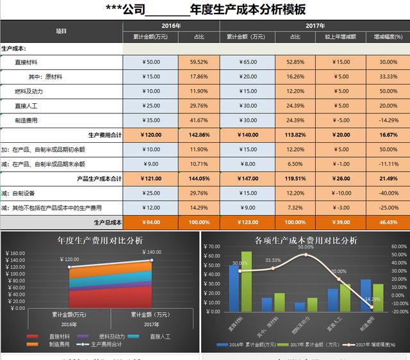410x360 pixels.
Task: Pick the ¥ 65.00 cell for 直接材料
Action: (247, 62)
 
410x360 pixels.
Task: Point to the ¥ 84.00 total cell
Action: (151, 222)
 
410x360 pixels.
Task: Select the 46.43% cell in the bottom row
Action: (387, 222)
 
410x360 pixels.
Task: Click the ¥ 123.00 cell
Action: (247, 222)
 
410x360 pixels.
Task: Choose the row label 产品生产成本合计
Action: (99, 179)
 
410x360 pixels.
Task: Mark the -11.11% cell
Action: (387, 164)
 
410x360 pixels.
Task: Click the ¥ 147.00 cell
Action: (247, 179)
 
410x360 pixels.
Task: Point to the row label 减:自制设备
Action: (19, 193)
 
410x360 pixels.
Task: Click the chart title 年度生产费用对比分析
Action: (100, 240)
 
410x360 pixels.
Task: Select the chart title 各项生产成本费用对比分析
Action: (306, 240)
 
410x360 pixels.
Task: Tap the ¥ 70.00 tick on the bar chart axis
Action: (211, 247)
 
